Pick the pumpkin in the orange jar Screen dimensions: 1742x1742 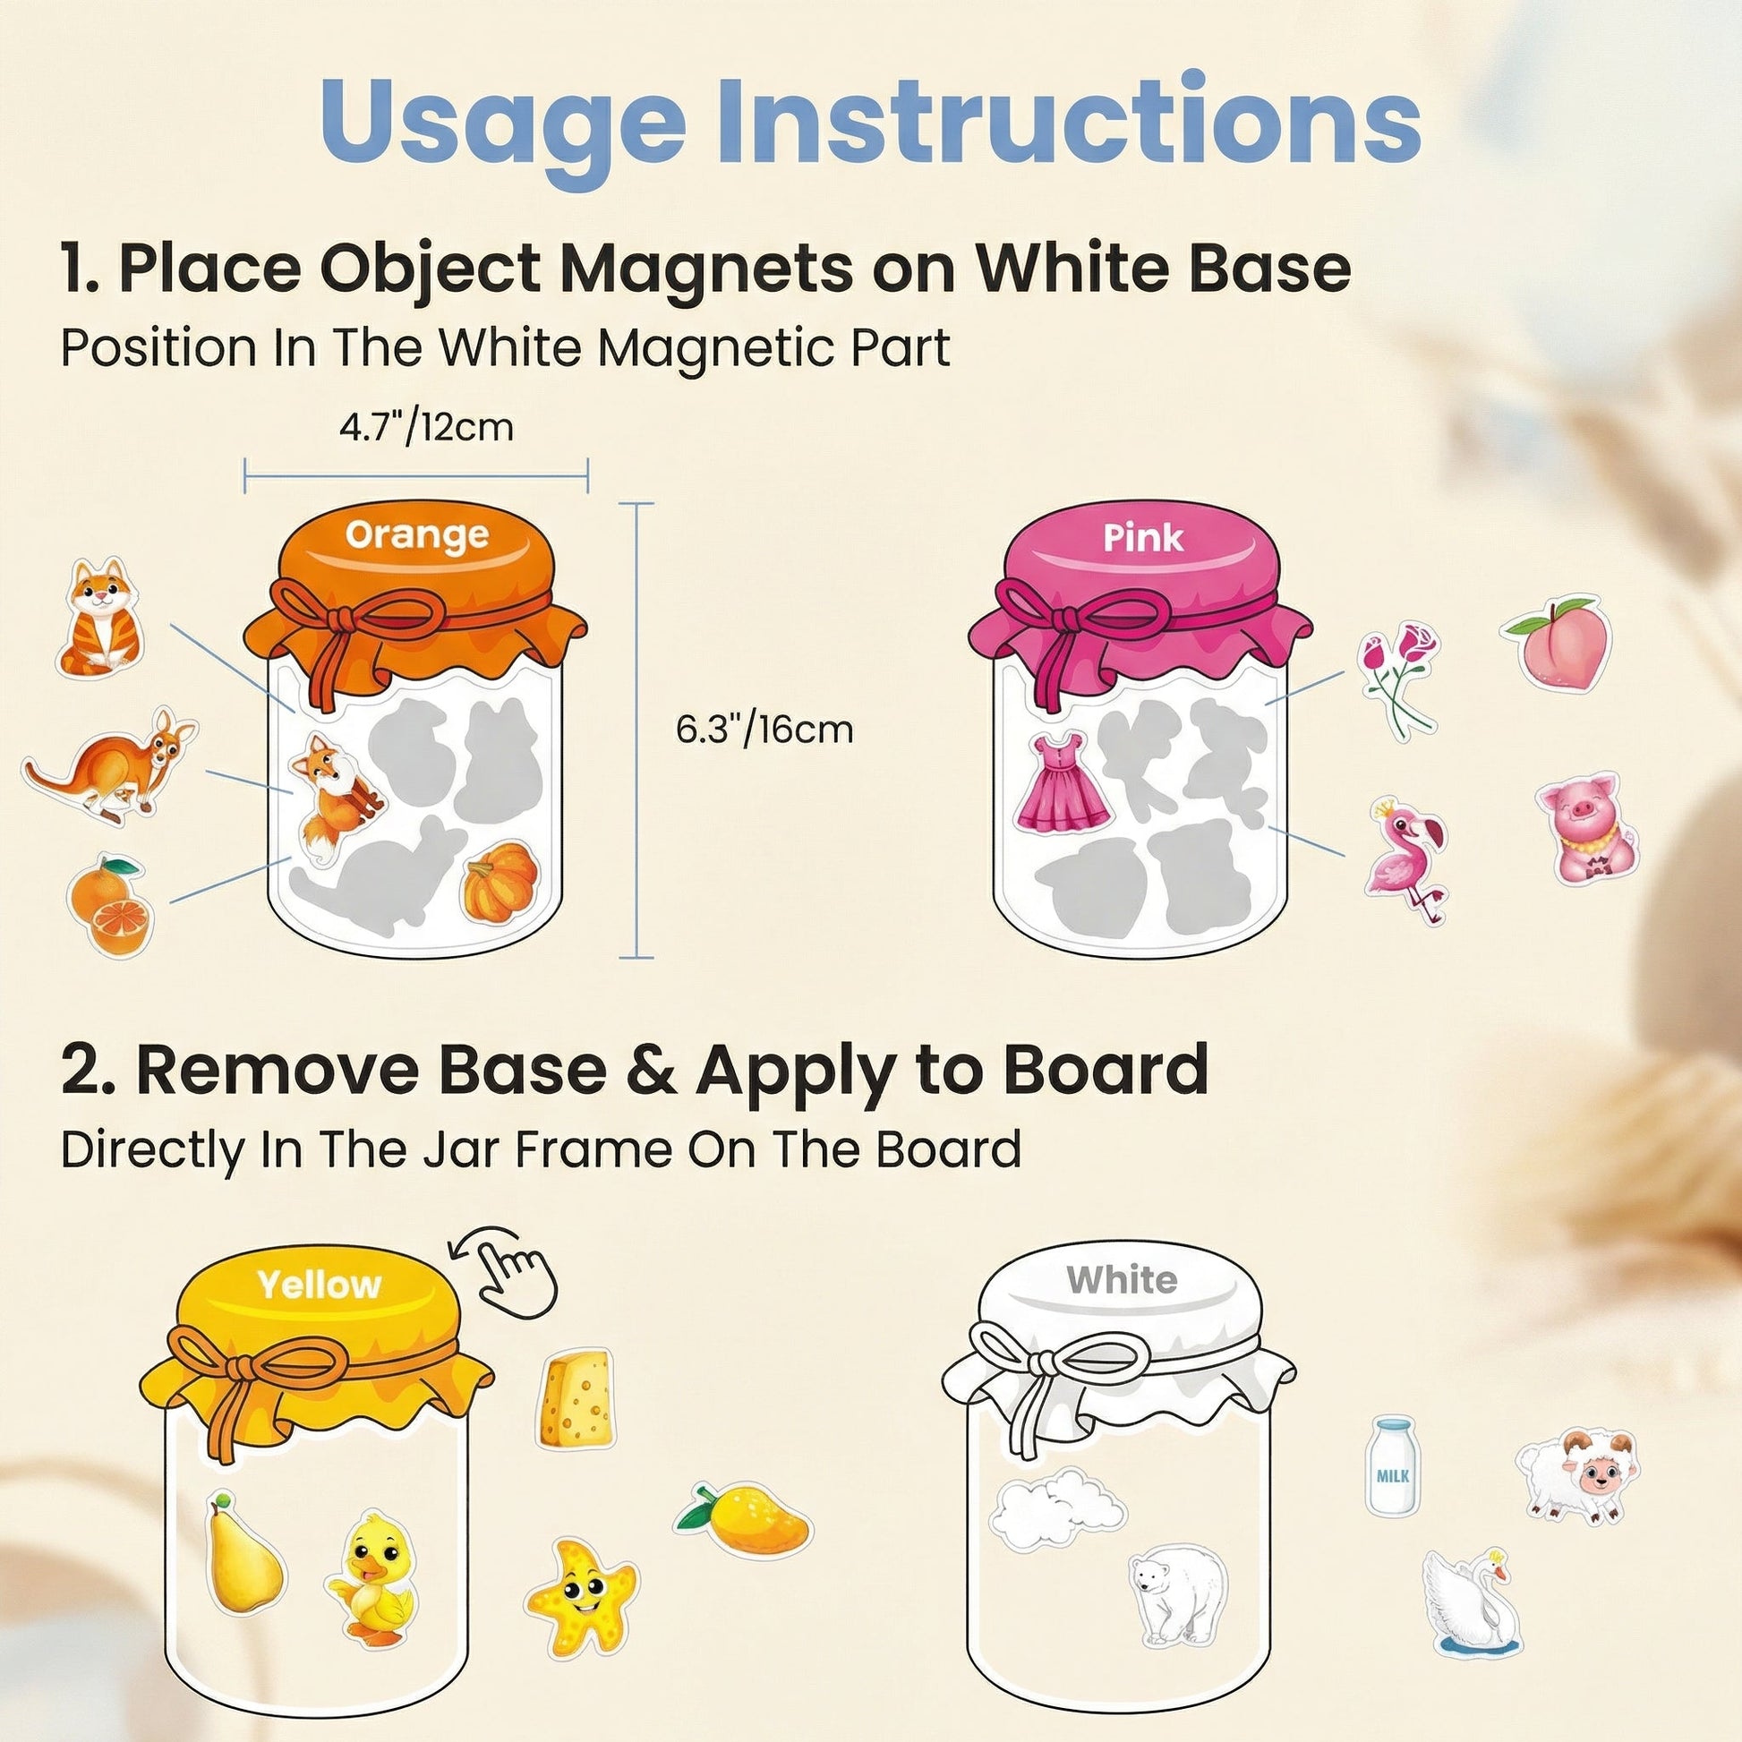(500, 881)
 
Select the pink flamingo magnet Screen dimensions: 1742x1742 (1407, 858)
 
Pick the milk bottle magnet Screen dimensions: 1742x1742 (1391, 1465)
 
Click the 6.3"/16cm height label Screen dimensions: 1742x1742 (764, 729)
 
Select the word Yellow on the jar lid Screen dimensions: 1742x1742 (320, 1285)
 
